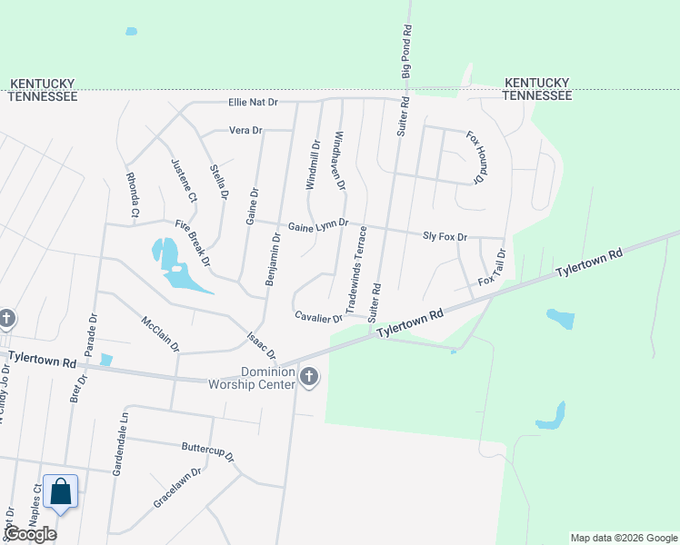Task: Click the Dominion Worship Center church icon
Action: (x=309, y=377)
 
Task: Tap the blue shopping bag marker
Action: (x=60, y=492)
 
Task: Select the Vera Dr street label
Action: (x=245, y=131)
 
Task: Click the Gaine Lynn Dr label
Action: (x=318, y=225)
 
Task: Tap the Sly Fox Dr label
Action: (x=445, y=236)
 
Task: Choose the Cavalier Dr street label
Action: (x=318, y=317)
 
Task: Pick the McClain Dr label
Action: (x=160, y=333)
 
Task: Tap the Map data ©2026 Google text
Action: (x=623, y=538)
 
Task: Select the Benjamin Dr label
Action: (x=272, y=259)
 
